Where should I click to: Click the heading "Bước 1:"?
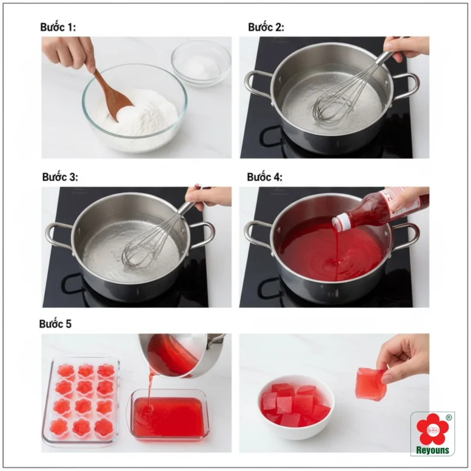[x=58, y=27]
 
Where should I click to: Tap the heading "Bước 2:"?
[x=266, y=27]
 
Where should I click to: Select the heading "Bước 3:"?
[x=60, y=177]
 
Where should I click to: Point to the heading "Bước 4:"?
[x=264, y=177]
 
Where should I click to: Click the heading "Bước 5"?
[x=55, y=324]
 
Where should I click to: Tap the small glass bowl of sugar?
[x=201, y=64]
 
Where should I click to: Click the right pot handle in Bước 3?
[x=202, y=234]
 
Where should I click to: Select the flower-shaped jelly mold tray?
[x=81, y=401]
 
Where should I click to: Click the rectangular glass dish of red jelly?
[x=169, y=416]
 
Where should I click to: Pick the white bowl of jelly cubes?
[x=296, y=406]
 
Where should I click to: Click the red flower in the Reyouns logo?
[x=433, y=430]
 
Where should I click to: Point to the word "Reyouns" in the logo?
[x=432, y=450]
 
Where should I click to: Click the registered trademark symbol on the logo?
[x=449, y=417]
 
